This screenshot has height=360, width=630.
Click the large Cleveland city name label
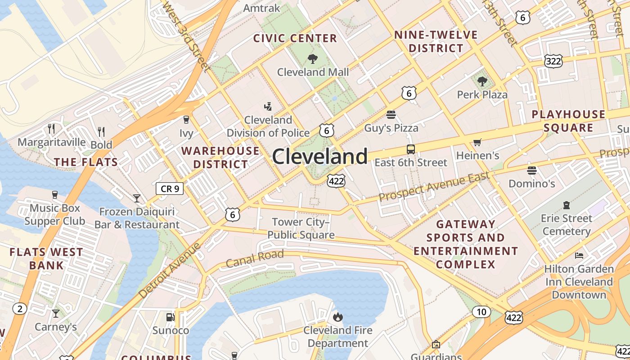pos(320,157)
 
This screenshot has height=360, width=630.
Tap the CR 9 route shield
pos(170,189)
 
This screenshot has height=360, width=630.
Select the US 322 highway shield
pos(553,61)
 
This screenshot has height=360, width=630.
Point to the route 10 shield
pos(481,311)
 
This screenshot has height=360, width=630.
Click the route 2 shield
pos(19,309)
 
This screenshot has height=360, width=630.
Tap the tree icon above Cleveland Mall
pos(312,58)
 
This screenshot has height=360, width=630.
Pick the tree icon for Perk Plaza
pos(482,81)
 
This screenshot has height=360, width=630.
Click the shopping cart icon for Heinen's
pos(477,143)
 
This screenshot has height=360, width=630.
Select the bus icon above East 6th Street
pos(410,149)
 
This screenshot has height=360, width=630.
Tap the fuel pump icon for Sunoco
pos(170,317)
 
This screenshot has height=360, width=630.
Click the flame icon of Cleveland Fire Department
pos(338,317)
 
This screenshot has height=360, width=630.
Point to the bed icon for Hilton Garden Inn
pos(579,256)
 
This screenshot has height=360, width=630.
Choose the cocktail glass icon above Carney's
pos(56,313)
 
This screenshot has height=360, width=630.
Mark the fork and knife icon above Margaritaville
pos(51,129)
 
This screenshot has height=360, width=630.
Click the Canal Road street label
pos(255,258)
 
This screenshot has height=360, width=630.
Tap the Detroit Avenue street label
pos(170,270)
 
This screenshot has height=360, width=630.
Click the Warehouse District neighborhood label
pos(220,157)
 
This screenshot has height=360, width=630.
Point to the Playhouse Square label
pos(568,121)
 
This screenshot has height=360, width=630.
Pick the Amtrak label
pos(261,8)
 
